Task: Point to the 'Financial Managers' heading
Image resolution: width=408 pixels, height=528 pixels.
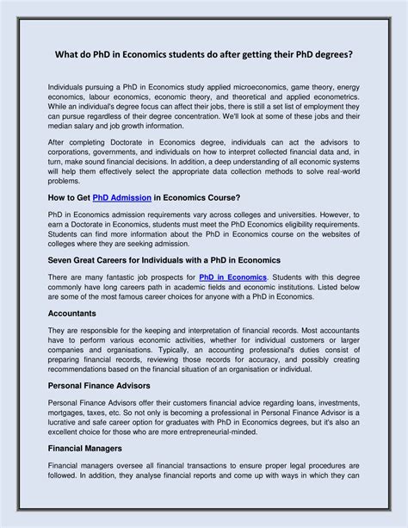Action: [90, 473]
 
